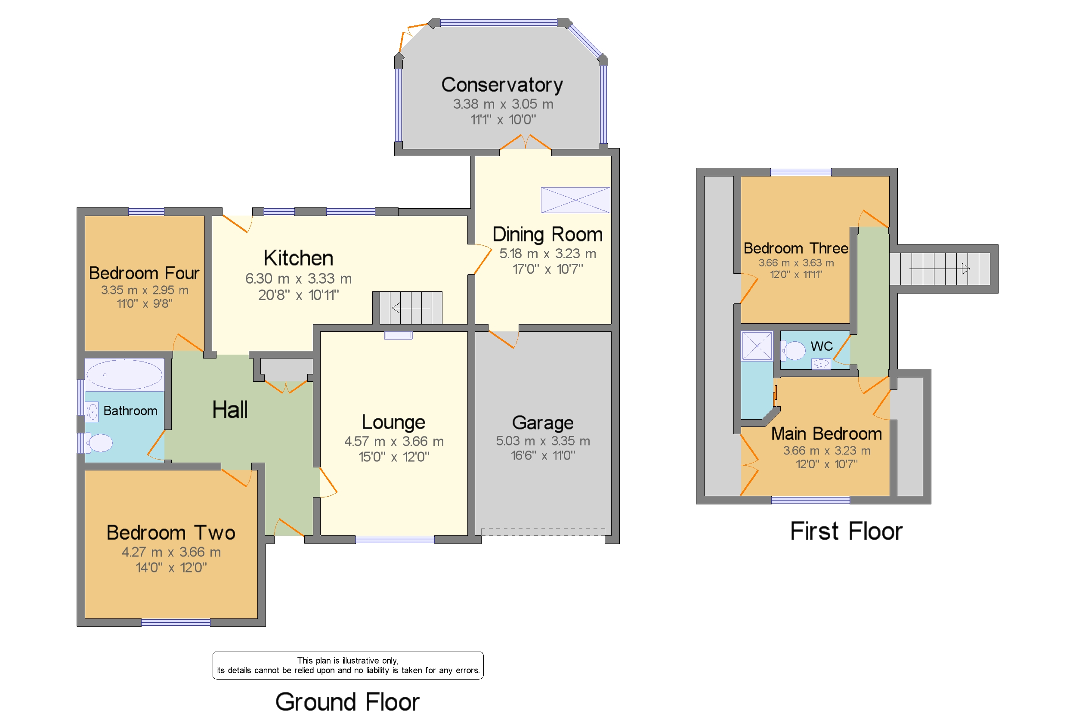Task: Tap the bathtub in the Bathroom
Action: (x=124, y=374)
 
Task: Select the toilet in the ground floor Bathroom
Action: (x=99, y=442)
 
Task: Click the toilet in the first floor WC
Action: (x=794, y=351)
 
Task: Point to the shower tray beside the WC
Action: (x=756, y=346)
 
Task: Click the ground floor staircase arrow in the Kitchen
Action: (x=410, y=308)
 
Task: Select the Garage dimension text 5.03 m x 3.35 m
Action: (x=542, y=441)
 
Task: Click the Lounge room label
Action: (x=393, y=422)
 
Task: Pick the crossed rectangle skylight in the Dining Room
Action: (x=575, y=200)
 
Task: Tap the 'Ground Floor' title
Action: (x=347, y=702)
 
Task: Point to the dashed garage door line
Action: (x=542, y=532)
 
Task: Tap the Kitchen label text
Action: (x=298, y=258)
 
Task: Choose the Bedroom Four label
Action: (x=144, y=273)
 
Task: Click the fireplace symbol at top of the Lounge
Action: (x=398, y=335)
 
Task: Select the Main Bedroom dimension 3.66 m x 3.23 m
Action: (x=826, y=451)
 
